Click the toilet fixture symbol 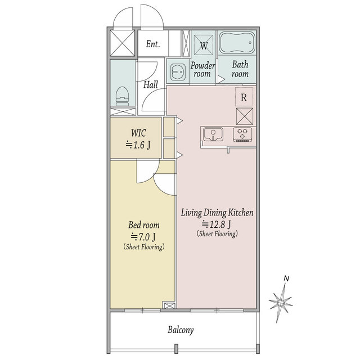(x=122, y=96)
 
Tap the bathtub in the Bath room (x=237, y=43)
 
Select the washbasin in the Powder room (x=178, y=71)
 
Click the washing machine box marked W (x=204, y=45)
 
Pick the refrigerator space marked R (x=244, y=97)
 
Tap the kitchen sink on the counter (x=213, y=134)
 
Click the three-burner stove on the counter (x=242, y=134)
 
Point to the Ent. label (x=153, y=44)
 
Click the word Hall (x=151, y=84)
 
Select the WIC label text (x=138, y=133)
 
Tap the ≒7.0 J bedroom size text (x=143, y=236)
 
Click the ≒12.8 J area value (x=216, y=224)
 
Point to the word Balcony (x=181, y=330)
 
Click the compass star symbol (x=281, y=303)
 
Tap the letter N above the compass (x=286, y=278)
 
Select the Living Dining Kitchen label (x=217, y=213)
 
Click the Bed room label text (x=144, y=225)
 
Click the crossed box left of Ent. (x=123, y=43)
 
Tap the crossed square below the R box (x=245, y=116)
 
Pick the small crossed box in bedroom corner (x=169, y=305)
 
